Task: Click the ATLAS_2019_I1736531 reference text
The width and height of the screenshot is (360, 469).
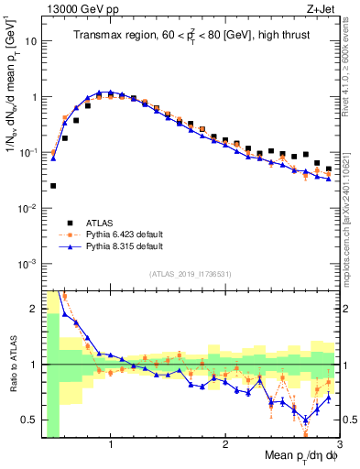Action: click(x=190, y=273)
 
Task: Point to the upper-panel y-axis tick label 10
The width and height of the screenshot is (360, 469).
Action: click(x=30, y=41)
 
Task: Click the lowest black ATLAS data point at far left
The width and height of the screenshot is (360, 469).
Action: click(x=52, y=186)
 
